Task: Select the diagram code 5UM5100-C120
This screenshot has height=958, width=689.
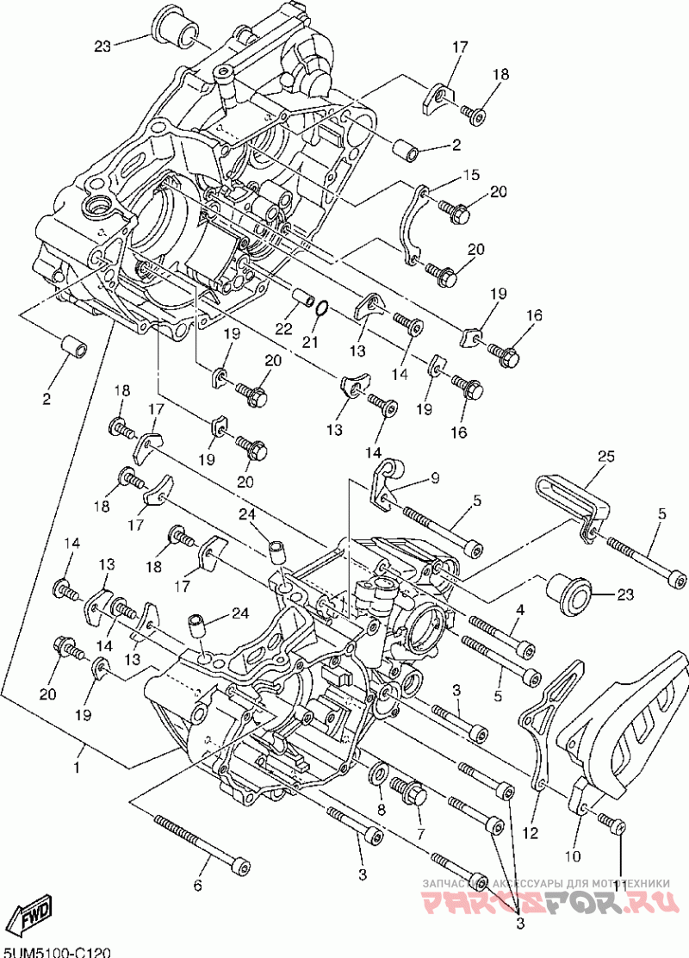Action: click(x=57, y=951)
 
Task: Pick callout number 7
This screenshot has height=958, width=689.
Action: click(x=420, y=835)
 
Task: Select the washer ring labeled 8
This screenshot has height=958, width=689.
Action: click(x=378, y=773)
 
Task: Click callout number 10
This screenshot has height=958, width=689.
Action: click(x=573, y=856)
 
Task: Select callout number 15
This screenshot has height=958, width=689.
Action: click(x=470, y=175)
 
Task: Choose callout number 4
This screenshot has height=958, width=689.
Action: click(x=519, y=611)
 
